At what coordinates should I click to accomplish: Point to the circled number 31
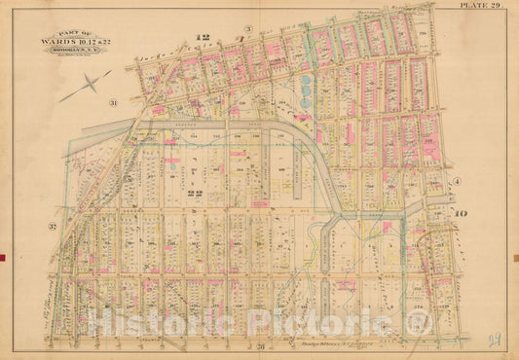(114, 102)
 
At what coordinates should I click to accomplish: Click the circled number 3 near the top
(248, 30)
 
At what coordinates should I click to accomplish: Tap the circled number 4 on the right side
(455, 182)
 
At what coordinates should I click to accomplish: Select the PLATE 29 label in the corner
(485, 7)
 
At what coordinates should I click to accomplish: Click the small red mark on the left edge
(3, 257)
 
